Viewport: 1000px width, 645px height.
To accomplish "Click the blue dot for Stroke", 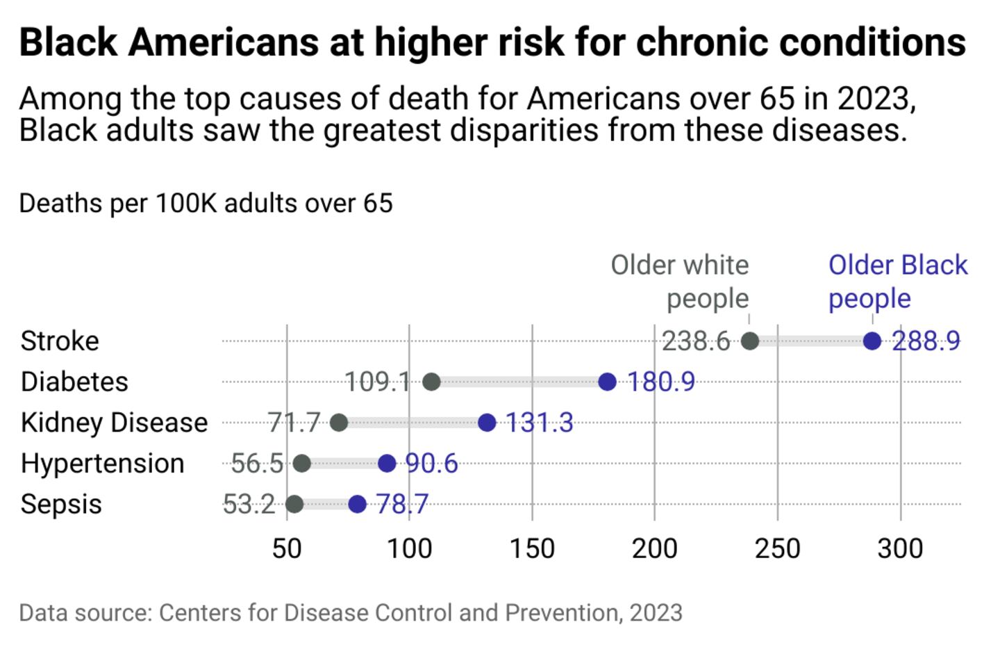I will point(872,341).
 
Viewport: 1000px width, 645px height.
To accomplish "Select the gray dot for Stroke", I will point(750,341).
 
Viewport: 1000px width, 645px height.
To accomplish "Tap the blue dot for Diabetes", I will point(608,382).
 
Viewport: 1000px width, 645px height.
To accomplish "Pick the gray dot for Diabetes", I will point(431,382).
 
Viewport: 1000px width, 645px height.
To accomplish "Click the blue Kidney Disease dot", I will point(487,422).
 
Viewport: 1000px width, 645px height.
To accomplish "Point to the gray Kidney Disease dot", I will point(339,422).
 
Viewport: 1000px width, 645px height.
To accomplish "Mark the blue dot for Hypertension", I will point(387,463).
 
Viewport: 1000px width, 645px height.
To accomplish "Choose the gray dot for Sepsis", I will point(294,504).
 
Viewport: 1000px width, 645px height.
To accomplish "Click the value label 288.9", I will point(926,341).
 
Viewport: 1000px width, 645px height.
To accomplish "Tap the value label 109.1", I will point(378,382).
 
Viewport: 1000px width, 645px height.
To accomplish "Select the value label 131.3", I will point(540,423).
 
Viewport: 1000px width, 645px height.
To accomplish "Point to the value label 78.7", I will point(402,504).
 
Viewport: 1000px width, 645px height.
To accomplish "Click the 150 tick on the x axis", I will point(532,548).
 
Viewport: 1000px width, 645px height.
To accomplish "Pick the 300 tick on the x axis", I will point(900,548).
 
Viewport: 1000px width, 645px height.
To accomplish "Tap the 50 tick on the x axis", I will point(287,548).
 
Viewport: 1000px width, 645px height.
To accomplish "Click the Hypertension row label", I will point(103,464).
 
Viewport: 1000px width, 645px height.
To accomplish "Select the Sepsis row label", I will point(61,505).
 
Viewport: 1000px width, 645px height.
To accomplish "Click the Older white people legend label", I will point(680,281).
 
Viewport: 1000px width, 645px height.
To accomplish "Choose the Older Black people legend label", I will point(897,281).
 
